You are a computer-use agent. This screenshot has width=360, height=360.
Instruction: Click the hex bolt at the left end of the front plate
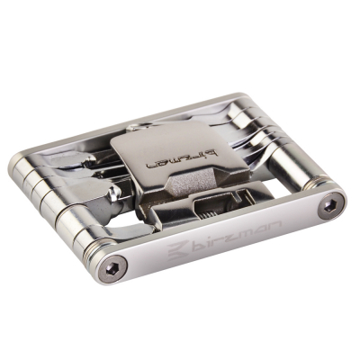(x=112, y=269)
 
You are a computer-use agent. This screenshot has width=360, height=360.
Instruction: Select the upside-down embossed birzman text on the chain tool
(x=181, y=160)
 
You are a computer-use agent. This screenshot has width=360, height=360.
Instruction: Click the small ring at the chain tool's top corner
(x=136, y=128)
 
